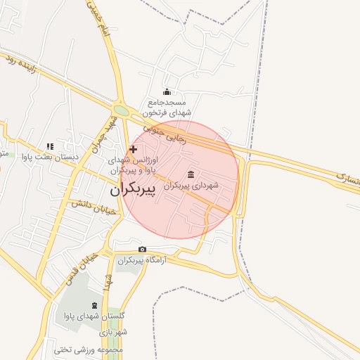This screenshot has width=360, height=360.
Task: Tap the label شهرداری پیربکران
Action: coord(191,186)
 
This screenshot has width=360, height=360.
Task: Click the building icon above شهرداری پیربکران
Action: coord(191,174)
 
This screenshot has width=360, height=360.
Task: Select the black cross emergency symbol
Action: coord(133,149)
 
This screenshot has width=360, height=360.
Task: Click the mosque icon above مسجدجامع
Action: coord(167,91)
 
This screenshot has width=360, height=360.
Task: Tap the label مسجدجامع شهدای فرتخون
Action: coord(167,107)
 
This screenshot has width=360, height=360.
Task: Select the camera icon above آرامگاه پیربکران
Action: coord(142,250)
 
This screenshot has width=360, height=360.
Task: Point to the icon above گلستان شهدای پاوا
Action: coord(94,306)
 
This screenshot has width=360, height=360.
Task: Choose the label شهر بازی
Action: coord(112,332)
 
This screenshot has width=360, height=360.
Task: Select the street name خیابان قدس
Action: coord(77,267)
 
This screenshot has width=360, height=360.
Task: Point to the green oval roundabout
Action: coord(121,110)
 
